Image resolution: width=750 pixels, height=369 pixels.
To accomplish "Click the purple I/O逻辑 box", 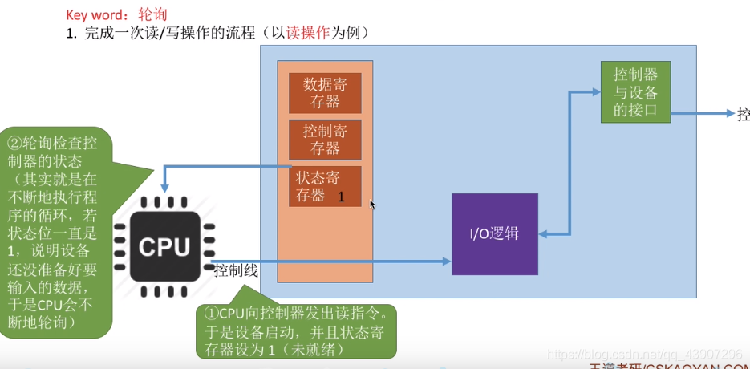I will tap(494, 234).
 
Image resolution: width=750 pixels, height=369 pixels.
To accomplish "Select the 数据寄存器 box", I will tap(325, 92).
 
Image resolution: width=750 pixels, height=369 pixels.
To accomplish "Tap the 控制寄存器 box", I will tap(325, 140).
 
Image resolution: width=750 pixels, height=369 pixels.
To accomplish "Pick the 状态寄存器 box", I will tap(325, 186).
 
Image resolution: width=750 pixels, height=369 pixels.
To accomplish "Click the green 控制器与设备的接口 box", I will tap(635, 92).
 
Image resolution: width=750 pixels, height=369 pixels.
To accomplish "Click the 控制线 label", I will tap(236, 271).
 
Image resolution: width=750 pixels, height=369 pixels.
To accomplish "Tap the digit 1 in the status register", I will tap(341, 197).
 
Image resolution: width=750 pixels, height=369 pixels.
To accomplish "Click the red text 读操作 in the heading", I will tap(308, 34).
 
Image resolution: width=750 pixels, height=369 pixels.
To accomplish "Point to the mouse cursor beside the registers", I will tap(371, 204).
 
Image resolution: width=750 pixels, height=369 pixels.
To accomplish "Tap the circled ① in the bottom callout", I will tap(212, 312).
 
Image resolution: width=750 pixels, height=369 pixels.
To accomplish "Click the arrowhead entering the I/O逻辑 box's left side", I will tap(446, 261).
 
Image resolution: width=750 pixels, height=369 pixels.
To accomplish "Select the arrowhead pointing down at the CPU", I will tap(164, 187).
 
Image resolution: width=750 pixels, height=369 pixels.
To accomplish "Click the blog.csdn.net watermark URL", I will tap(643, 354).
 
